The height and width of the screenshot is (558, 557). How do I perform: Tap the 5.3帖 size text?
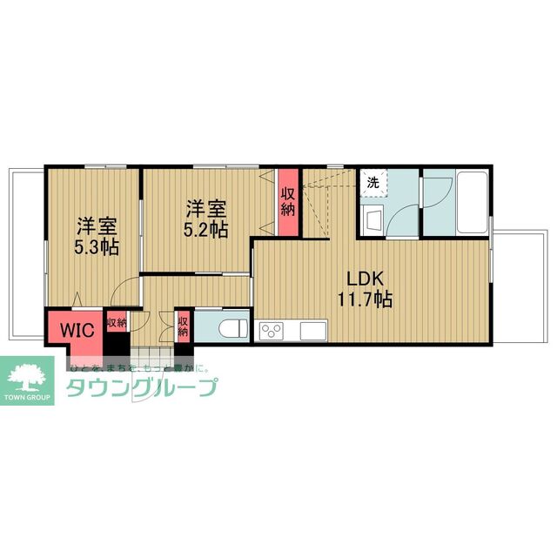coord(97,245)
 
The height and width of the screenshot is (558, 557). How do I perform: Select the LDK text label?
coord(366,279)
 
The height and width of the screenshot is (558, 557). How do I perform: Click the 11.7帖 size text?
coord(366,300)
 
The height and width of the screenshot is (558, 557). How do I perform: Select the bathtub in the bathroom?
coord(473,202)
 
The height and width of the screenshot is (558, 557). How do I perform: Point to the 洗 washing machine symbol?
coord(372,183)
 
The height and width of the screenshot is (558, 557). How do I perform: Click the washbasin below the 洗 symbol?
coord(372,218)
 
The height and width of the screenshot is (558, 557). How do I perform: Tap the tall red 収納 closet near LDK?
coord(288,203)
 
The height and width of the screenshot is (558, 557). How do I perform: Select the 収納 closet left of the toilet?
coord(183,326)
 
